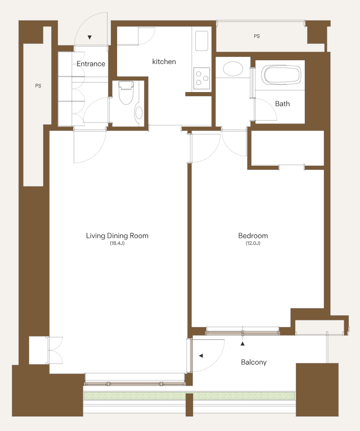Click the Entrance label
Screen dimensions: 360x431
[x=91, y=63]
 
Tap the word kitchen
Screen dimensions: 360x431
[x=164, y=62]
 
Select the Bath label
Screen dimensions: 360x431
[x=282, y=103]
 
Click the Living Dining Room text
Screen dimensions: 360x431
[x=117, y=236]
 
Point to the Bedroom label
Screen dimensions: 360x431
[x=253, y=235]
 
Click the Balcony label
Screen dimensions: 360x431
[x=254, y=362]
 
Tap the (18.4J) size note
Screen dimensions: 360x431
[x=117, y=243]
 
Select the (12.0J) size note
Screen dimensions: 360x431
[x=253, y=243]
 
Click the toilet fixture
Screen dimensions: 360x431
[x=126, y=93]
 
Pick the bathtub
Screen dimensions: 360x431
[x=280, y=75]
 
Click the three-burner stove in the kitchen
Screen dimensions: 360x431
[x=202, y=78]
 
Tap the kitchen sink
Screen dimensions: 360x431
[x=202, y=41]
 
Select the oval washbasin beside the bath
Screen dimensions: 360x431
[x=233, y=69]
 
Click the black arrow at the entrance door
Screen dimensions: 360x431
[x=89, y=38]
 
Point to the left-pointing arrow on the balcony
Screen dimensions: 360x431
[x=201, y=356]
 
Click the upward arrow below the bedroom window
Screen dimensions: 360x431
[x=242, y=343]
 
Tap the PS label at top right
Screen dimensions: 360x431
[x=257, y=36]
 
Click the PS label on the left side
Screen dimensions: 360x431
[x=38, y=86]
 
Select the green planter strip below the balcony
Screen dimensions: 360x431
[x=190, y=396]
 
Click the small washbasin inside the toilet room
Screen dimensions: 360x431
[x=139, y=113]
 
